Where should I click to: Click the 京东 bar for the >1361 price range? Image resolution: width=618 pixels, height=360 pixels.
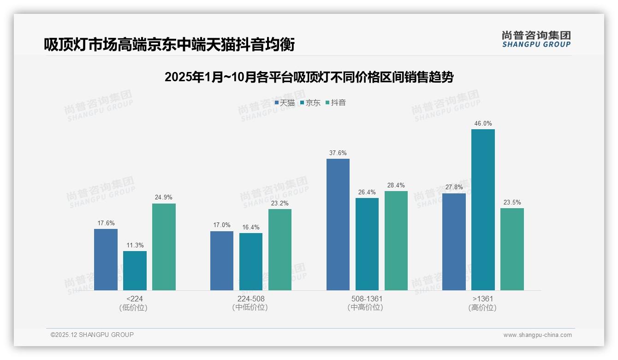coord(483,210)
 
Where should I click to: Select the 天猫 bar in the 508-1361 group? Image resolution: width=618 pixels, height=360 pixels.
coord(338,224)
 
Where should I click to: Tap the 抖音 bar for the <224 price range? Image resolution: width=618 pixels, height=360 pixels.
coord(164,247)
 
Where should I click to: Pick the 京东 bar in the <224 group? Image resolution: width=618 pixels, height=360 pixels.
coord(135,270)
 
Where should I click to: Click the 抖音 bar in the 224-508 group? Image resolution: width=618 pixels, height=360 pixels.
coord(280,250)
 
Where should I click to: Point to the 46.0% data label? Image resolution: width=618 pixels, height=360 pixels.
coord(483,124)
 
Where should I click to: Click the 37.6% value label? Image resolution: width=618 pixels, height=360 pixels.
coord(338,153)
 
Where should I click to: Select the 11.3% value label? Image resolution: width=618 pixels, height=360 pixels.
coord(135,246)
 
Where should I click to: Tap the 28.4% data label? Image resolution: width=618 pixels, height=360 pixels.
coord(396,186)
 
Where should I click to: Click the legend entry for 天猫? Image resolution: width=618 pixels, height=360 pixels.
coord(285,103)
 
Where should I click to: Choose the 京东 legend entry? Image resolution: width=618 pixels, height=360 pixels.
coord(310,103)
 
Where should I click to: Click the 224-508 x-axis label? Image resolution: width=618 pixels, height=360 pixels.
coord(250,299)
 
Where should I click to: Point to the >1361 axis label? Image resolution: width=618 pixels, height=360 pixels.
coord(482,299)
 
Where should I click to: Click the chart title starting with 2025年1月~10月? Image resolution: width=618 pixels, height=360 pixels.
coord(309,77)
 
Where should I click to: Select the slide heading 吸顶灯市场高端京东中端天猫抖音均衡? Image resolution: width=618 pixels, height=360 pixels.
coord(169,45)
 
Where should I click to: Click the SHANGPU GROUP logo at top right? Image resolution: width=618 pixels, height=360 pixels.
coord(536,39)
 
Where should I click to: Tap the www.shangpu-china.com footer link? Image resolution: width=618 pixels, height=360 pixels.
coord(537,335)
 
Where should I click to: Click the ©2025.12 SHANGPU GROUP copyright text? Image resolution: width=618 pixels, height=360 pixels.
coord(92,335)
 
